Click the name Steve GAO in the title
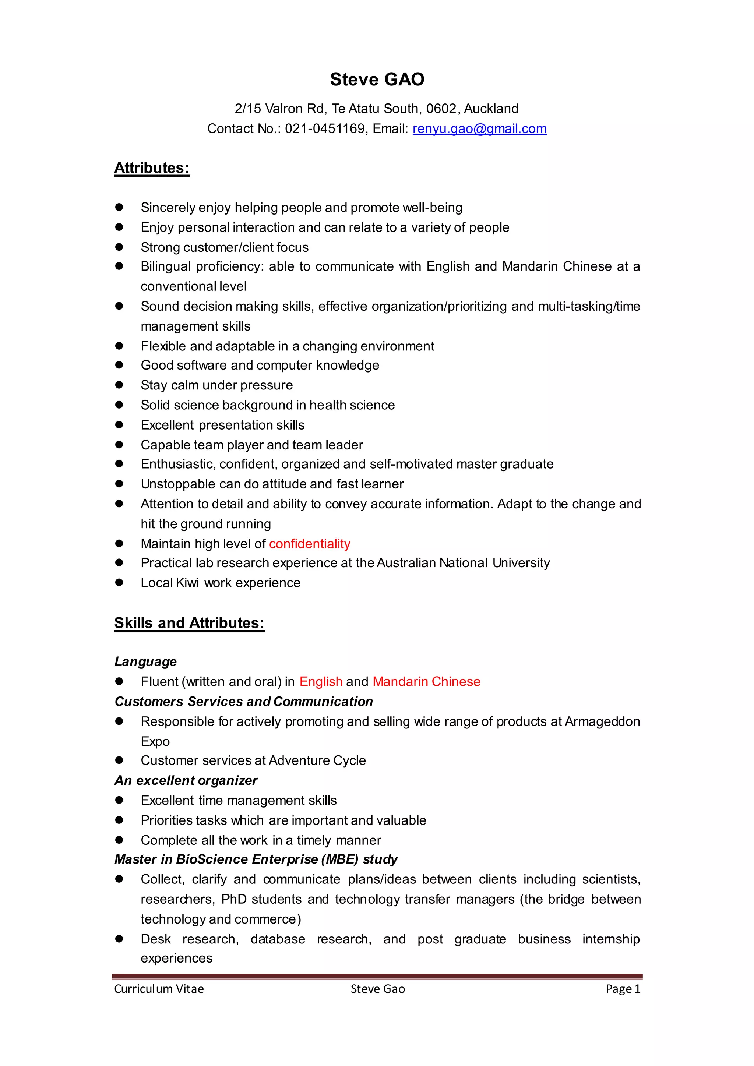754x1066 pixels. pos(377,80)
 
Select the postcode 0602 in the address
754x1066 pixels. pos(441,109)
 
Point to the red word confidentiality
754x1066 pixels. pos(310,544)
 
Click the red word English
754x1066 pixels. pos(321,682)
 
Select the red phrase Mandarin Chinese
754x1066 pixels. pos(426,682)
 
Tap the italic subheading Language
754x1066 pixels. pos(146,661)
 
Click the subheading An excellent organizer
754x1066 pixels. pos(186,780)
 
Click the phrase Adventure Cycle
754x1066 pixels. pos(317,760)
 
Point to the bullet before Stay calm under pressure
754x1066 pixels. pos(119,385)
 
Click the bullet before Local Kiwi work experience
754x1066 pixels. pos(119,583)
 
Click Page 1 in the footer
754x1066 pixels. pos(623,989)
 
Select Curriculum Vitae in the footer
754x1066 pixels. pos(159,989)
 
